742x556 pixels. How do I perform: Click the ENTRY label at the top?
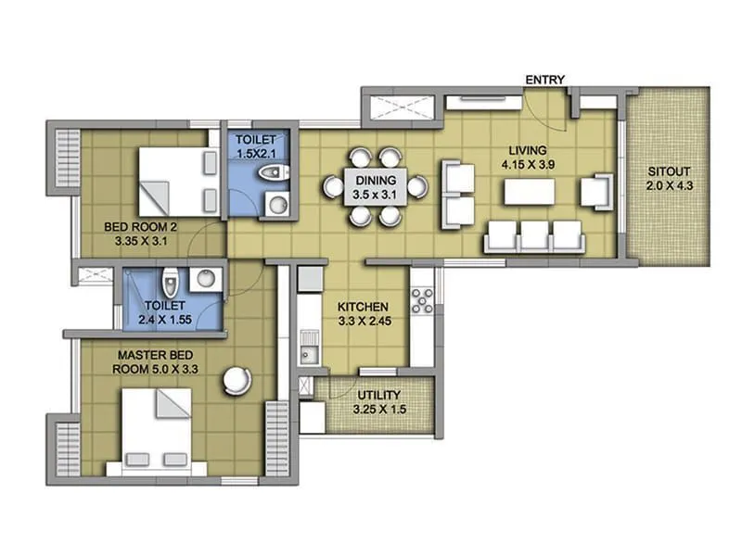(x=545, y=80)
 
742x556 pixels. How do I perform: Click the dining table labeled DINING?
(x=375, y=187)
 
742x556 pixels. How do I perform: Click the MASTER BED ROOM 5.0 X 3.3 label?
(x=157, y=361)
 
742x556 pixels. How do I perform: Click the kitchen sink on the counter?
(x=307, y=353)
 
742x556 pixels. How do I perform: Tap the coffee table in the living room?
(x=529, y=192)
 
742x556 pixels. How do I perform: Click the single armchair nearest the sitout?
(x=595, y=192)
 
